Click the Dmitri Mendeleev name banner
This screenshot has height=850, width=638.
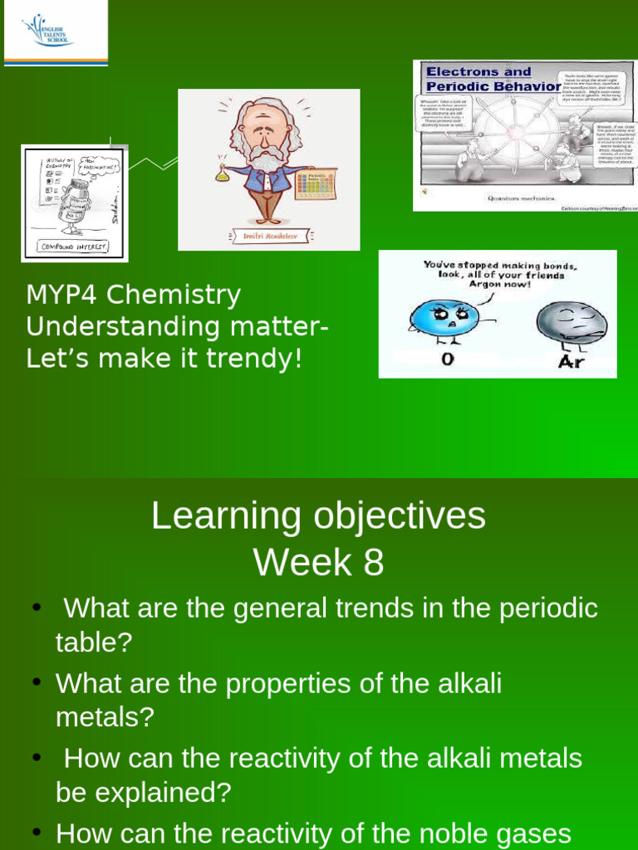[x=268, y=237]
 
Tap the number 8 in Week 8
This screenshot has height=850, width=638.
[x=373, y=563]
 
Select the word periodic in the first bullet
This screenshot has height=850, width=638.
[x=548, y=608]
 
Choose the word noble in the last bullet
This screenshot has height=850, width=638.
[x=449, y=833]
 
